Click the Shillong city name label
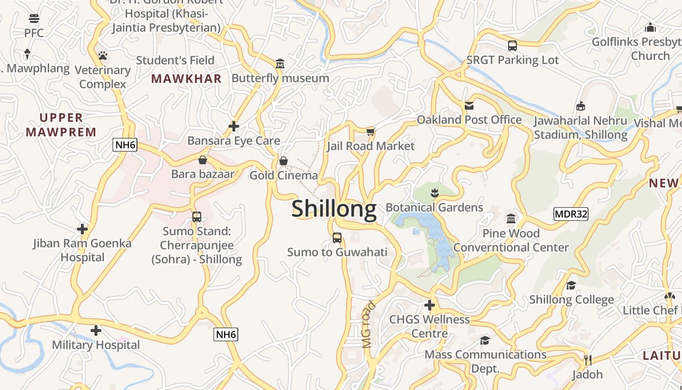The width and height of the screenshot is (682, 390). [334, 209]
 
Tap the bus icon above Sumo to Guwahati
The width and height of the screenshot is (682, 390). [337, 238]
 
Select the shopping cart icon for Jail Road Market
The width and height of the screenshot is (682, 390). [371, 132]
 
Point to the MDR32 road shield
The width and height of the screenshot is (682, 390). [570, 214]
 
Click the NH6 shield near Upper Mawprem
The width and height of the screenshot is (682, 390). [125, 144]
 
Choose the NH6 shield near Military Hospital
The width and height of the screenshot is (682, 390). [226, 334]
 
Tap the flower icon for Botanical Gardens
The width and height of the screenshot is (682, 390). [435, 193]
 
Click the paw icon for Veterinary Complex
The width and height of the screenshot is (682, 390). [102, 56]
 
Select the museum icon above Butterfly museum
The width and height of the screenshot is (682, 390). [280, 63]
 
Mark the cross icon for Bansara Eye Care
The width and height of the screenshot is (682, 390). [234, 126]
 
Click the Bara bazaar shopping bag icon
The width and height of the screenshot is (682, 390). [203, 160]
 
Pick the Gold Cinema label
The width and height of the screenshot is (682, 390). [284, 175]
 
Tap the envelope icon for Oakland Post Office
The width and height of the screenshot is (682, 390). [469, 105]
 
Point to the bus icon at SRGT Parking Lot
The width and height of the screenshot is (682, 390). [512, 46]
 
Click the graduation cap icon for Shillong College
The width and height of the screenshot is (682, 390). [571, 285]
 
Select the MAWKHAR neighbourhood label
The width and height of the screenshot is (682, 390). [186, 78]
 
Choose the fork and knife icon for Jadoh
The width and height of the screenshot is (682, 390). [587, 360]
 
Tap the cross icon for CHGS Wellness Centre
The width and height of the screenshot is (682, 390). [429, 305]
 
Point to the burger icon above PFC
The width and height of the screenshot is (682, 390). [34, 19]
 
